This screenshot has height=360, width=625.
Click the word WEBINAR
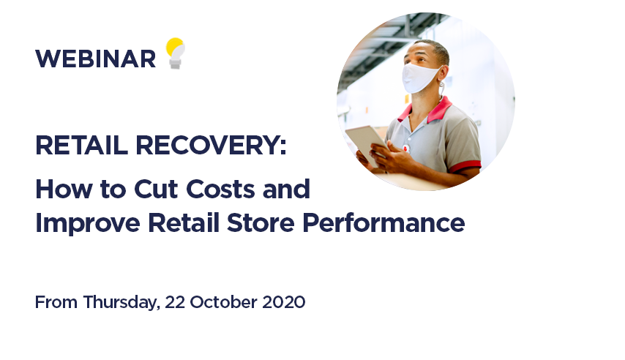click(96, 59)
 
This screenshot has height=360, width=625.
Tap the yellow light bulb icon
click(176, 53)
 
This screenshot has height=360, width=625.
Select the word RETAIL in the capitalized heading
click(82, 145)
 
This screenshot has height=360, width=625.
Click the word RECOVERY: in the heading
click(211, 145)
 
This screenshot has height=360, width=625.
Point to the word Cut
click(156, 189)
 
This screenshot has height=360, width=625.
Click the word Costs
click(220, 189)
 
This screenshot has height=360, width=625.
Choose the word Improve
click(88, 224)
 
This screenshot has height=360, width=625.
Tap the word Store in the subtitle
click(261, 222)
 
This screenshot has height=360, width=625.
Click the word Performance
click(383, 222)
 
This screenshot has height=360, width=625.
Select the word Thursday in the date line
click(121, 303)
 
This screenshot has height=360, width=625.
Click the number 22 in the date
click(175, 302)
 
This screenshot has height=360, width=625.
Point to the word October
click(223, 302)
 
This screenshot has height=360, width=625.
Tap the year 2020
click(284, 302)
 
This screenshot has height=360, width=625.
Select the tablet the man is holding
click(365, 143)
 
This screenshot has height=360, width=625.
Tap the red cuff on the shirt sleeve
click(465, 166)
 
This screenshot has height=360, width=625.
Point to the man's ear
click(445, 75)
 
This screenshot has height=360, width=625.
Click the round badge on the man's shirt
click(406, 149)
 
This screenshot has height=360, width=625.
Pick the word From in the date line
click(56, 302)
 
